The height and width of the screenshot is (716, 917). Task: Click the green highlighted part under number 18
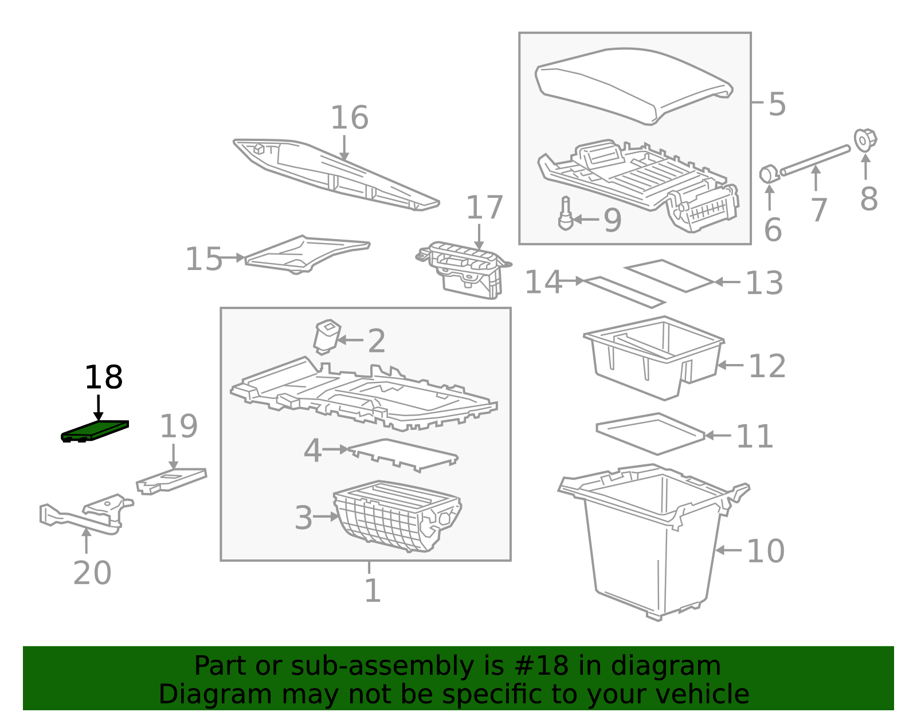pos(95,431)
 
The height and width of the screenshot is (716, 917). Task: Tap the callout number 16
pos(350,118)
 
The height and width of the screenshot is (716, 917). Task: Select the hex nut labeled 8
pos(865,140)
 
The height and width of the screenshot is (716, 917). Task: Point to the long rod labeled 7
pos(816,160)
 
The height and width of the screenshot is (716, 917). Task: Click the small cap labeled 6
pos(769,174)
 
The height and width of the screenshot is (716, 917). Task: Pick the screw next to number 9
pos(566,213)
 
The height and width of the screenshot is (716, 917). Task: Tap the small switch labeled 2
pos(327,337)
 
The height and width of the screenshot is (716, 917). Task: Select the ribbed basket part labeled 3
pos(397,516)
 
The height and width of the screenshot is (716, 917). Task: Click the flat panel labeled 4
pos(403,455)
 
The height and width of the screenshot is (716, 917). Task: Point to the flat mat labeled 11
pos(650,434)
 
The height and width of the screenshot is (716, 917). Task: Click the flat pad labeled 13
pos(669,276)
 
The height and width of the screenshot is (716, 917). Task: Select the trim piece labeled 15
pos(307,255)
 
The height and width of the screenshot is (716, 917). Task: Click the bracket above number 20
pos(87,515)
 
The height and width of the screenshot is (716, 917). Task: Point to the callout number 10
pos(766,550)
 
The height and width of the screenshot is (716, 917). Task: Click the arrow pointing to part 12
pos(731,365)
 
